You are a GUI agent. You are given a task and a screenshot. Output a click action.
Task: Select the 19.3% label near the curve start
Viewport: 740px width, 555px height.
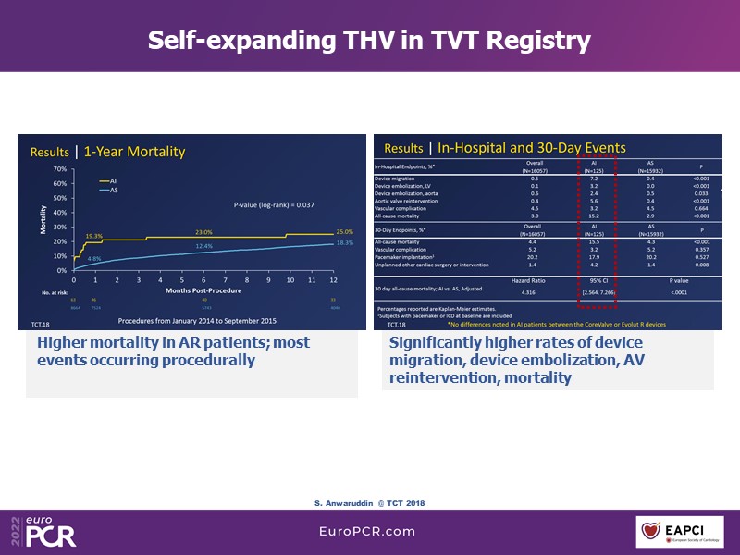pos(94,236)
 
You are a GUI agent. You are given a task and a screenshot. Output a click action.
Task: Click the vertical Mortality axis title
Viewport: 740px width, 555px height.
pos(43,220)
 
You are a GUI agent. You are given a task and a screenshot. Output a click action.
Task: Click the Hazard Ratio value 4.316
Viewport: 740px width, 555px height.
pos(530,292)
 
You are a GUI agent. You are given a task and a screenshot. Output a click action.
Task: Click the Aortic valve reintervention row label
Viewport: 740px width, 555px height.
pos(414,201)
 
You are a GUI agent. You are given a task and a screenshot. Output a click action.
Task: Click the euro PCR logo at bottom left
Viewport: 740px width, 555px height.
pos(41,530)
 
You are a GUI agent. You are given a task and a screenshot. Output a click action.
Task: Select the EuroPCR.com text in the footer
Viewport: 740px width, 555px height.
pos(368,532)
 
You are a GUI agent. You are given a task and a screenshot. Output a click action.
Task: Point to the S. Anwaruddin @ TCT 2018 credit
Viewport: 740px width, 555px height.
pos(369,502)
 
